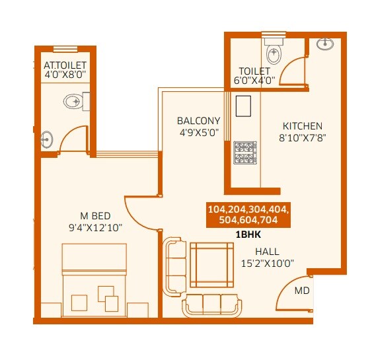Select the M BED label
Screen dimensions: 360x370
(95, 216)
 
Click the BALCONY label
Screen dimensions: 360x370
(198, 121)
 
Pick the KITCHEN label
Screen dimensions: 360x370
(303, 126)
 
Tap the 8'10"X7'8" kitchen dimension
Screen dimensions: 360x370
(303, 138)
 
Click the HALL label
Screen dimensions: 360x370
(267, 252)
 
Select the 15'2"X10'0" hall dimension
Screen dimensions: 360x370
(268, 263)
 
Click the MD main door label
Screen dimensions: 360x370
(301, 290)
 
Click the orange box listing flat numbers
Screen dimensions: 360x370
(248, 215)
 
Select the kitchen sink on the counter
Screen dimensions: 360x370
(242, 106)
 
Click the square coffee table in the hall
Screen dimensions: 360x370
(211, 264)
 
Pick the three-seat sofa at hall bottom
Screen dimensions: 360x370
(211, 304)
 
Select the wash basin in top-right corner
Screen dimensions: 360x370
(324, 44)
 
